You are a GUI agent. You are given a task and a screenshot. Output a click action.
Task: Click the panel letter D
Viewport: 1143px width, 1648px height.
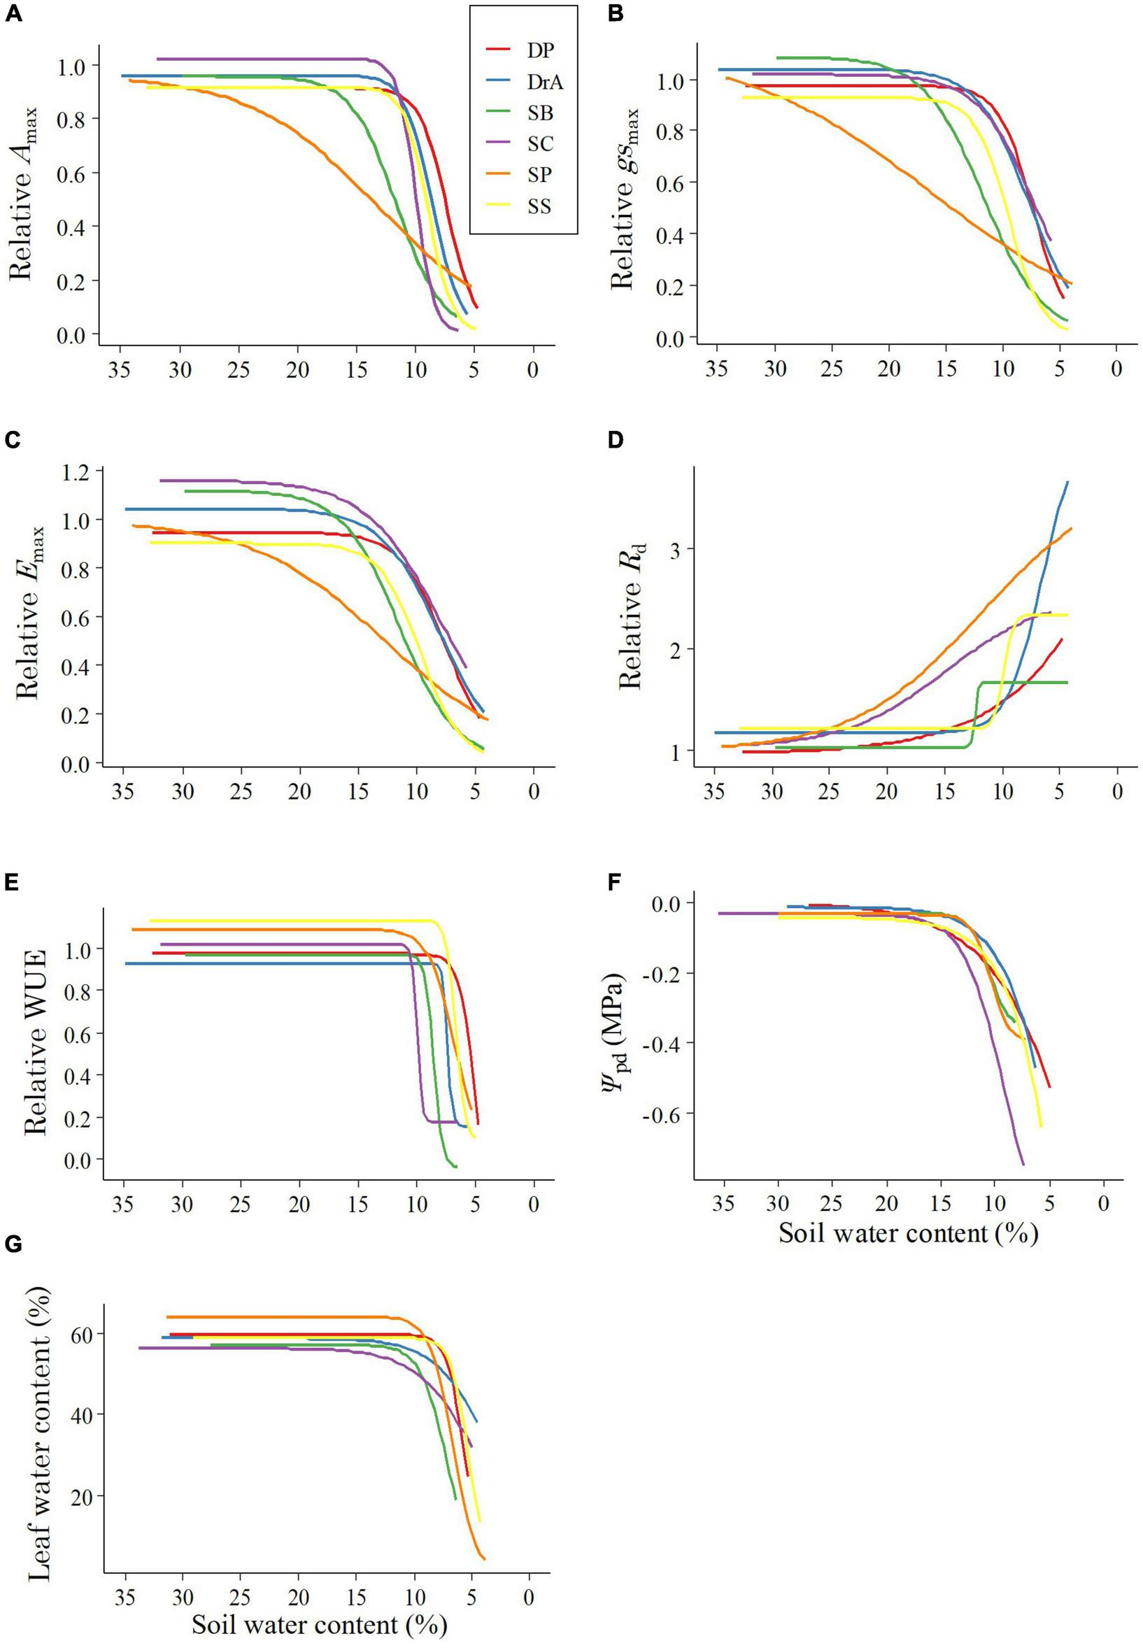tap(614, 441)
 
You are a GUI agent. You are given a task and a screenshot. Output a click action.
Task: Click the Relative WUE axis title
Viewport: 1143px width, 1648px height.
tap(35, 1042)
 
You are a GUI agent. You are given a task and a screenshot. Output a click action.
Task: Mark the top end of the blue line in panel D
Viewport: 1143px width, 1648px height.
tap(1067, 482)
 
